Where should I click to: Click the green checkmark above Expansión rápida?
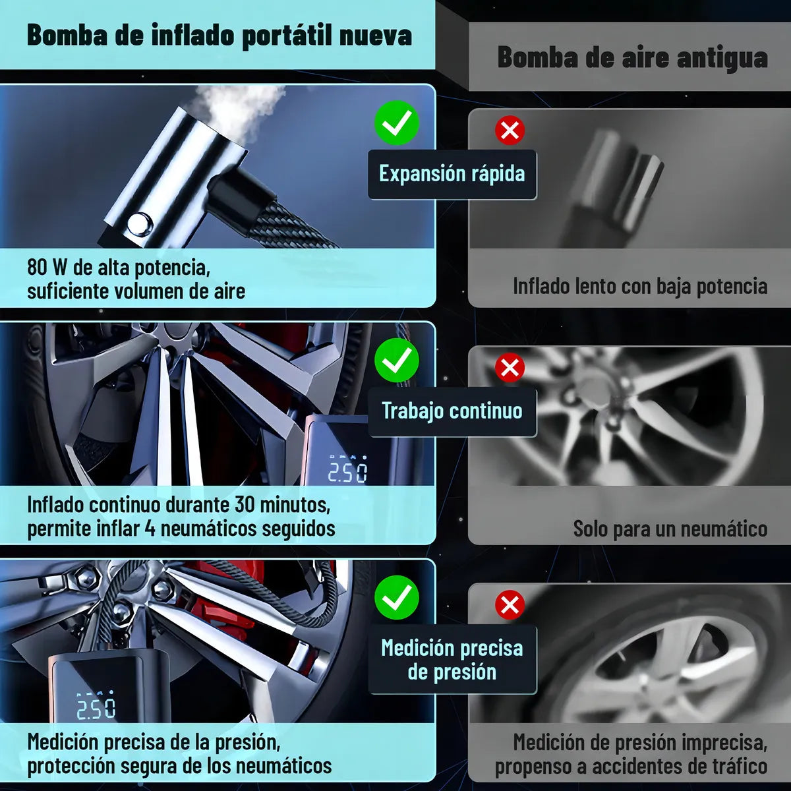tap(397, 123)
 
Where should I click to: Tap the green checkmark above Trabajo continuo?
tap(397, 360)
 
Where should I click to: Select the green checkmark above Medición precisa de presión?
tap(397, 597)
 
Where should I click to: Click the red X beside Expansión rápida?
tap(510, 131)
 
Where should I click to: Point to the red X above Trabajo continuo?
tap(510, 367)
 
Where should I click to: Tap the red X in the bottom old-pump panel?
tap(510, 604)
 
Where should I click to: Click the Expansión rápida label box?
tap(452, 174)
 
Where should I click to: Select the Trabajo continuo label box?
tap(452, 411)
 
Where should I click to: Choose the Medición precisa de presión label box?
tap(452, 660)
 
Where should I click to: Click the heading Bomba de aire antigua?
tap(631, 57)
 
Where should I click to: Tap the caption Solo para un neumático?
tap(670, 529)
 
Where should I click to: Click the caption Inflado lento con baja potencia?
tap(639, 286)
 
